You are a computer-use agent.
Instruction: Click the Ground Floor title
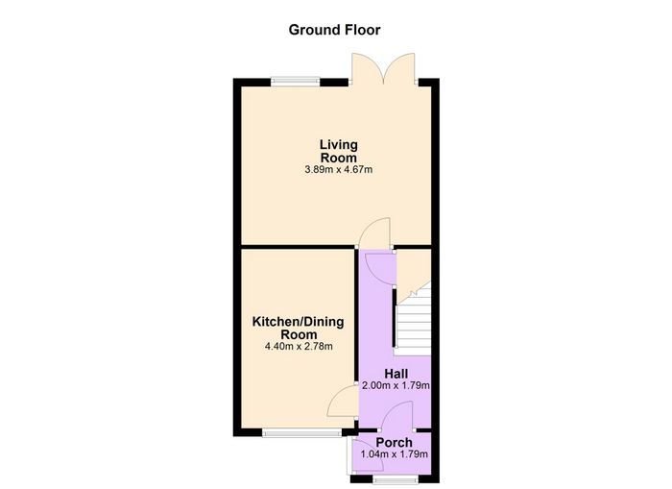[x=334, y=30]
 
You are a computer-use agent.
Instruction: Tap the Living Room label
[x=339, y=151]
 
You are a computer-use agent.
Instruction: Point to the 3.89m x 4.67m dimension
[x=339, y=170]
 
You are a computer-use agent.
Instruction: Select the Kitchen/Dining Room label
[x=298, y=329]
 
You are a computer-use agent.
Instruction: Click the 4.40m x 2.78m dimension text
[x=299, y=346]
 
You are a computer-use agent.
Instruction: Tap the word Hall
[x=396, y=374]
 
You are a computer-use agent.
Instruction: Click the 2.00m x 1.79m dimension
[x=396, y=385]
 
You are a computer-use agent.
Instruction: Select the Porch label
[x=395, y=442]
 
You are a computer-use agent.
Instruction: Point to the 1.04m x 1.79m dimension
[x=395, y=454]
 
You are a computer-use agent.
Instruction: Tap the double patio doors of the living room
[x=383, y=68]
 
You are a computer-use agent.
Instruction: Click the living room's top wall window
[x=296, y=81]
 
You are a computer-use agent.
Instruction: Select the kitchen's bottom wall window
[x=302, y=433]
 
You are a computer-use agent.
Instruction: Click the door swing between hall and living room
[x=375, y=232]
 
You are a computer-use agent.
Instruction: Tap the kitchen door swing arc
[x=343, y=401]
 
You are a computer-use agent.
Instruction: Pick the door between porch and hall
[x=396, y=416]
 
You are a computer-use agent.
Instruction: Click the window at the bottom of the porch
[x=396, y=479]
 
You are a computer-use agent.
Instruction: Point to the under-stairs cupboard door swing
[x=380, y=269]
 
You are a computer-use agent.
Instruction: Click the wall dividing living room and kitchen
[x=299, y=247]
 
